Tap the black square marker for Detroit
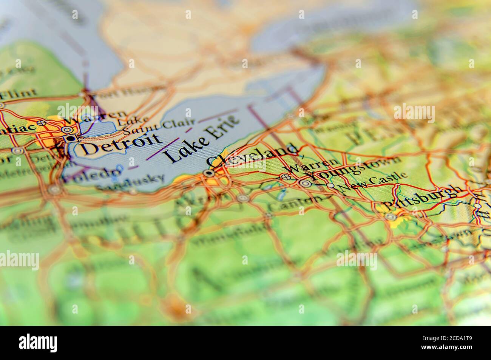click(70, 139)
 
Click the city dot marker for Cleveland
click(208, 173)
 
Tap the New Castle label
click(373, 182)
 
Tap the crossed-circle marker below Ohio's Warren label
click(286, 177)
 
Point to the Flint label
click(20, 93)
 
